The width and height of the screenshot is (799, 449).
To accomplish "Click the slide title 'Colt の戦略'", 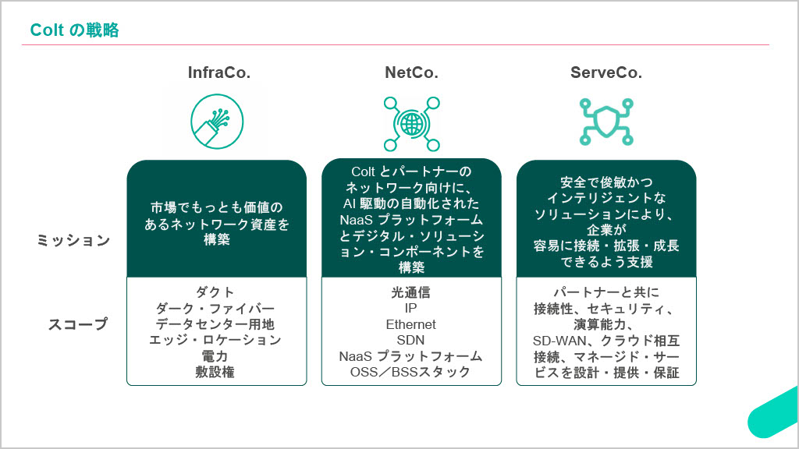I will (74, 30).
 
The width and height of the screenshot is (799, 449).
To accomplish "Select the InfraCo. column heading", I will (219, 73).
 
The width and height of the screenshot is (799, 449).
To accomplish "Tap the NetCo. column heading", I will (411, 73).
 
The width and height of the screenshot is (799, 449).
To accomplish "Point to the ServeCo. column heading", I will (606, 73).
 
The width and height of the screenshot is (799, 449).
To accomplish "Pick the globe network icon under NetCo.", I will (411, 123).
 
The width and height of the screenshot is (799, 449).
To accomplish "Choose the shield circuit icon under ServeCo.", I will (606, 122).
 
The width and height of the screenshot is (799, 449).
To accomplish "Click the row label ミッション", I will (74, 241).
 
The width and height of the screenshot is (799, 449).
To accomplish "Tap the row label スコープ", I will (79, 324).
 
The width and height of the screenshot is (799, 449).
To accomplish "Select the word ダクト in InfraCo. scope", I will (215, 292).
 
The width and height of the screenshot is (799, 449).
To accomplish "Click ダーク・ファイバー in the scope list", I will (215, 308).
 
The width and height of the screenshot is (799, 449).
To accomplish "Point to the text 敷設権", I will (215, 372).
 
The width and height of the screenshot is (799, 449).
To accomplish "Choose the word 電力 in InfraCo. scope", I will (215, 356).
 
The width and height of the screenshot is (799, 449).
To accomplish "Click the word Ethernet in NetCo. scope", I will (411, 324).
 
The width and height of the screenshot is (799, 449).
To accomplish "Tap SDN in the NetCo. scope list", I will (411, 341).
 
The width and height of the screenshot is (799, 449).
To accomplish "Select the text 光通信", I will (411, 292).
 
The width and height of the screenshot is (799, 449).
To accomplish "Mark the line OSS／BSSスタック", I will (411, 372).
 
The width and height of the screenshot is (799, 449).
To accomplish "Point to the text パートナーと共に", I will (606, 292).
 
